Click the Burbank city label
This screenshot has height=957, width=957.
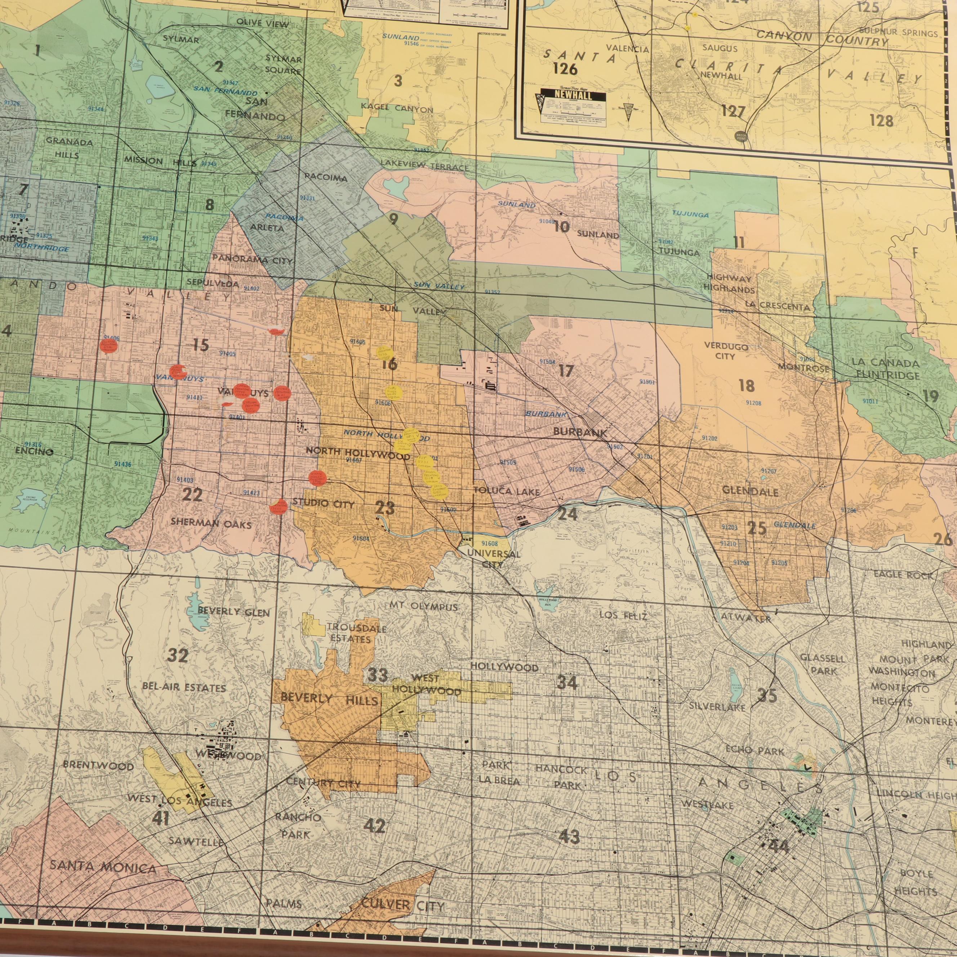tap(579, 432)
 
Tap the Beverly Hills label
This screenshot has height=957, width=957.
tap(329, 699)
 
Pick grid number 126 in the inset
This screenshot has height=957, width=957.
tap(565, 69)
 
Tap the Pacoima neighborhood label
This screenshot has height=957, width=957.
tap(325, 177)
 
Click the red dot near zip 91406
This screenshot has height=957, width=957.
tap(108, 346)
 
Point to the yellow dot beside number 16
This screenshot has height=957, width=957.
tap(384, 353)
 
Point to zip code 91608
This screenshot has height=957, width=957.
tap(489, 543)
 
